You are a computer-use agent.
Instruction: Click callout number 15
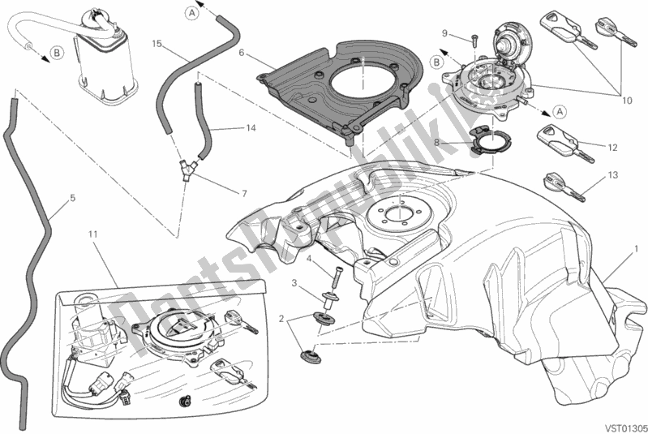point(157,43)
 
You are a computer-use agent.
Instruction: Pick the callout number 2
point(282,320)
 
